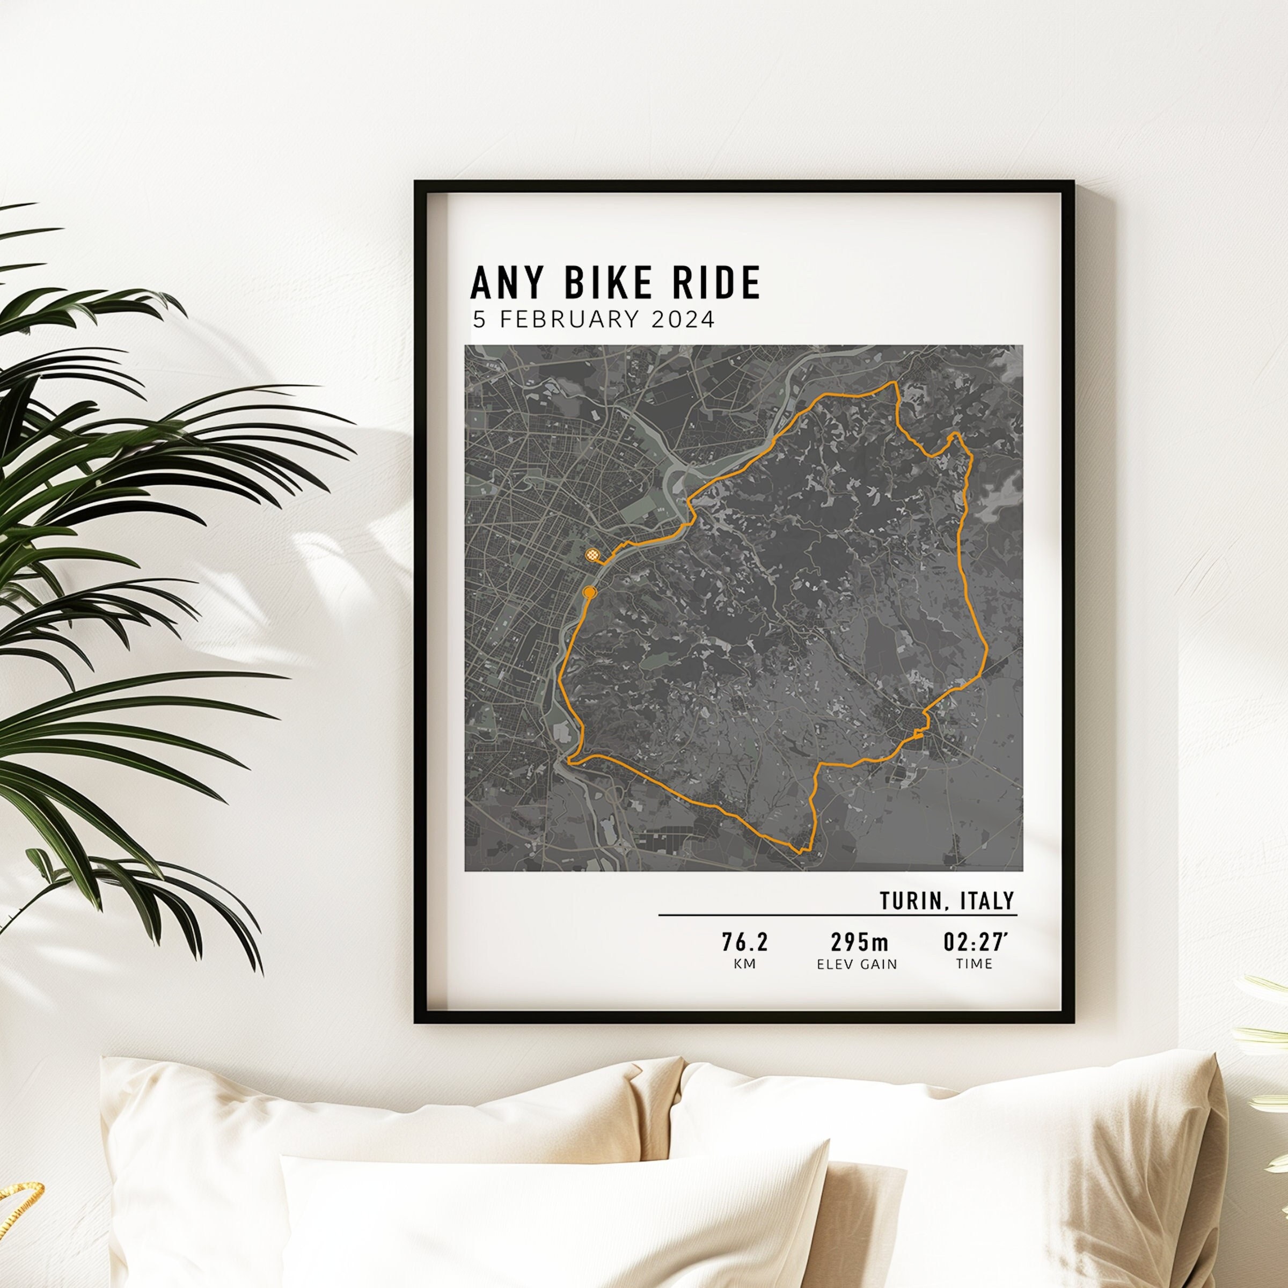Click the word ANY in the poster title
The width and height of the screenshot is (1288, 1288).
click(504, 283)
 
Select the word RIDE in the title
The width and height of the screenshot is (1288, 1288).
click(716, 283)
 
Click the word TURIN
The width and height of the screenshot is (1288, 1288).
click(910, 901)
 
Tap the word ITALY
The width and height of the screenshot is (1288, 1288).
click(987, 901)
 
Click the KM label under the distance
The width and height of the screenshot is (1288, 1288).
click(745, 964)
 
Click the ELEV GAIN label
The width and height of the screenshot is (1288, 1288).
click(858, 964)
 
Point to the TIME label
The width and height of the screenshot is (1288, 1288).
click(975, 964)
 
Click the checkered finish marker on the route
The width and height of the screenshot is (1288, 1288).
click(592, 555)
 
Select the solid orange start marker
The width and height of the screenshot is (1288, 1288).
click(589, 592)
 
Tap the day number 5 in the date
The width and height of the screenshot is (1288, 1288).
click(479, 320)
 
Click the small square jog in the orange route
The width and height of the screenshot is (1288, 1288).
click(919, 733)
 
